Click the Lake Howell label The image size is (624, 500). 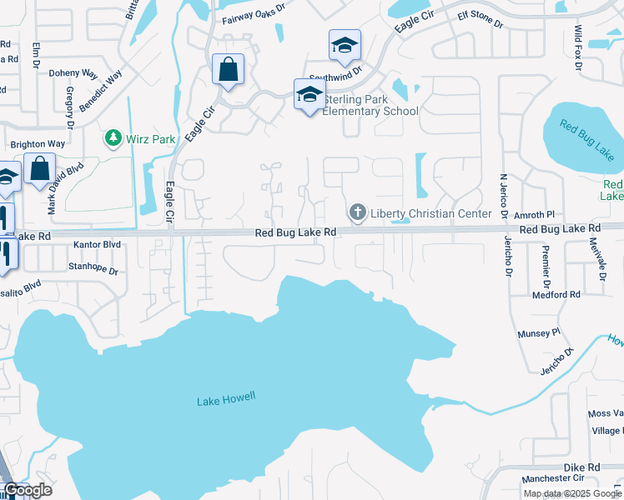click(x=227, y=401)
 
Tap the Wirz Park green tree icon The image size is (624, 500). click(x=111, y=137)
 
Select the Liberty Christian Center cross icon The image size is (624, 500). click(x=358, y=213)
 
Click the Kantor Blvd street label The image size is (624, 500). click(x=97, y=245)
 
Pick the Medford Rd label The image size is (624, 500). click(x=556, y=295)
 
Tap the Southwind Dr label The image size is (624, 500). click(x=334, y=72)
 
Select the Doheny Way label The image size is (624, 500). click(x=73, y=73)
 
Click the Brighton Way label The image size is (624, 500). click(x=38, y=144)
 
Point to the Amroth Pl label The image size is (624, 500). click(x=546, y=214)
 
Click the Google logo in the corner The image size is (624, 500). click(x=28, y=490)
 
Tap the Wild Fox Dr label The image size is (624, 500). click(x=579, y=46)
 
